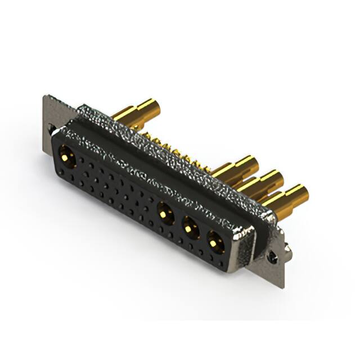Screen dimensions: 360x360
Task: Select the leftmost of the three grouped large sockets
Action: [165, 213]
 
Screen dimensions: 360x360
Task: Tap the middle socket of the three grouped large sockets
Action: [190, 227]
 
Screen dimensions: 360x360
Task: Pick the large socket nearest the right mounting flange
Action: [214, 242]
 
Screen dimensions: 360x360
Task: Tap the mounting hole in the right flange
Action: [272, 255]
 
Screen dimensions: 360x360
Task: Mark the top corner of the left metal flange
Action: [45, 96]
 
